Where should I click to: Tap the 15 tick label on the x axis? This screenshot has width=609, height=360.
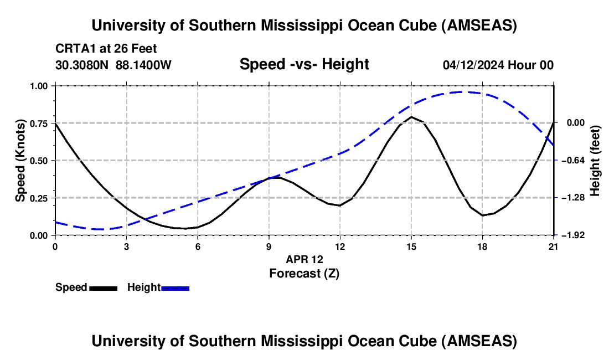click(x=411, y=246)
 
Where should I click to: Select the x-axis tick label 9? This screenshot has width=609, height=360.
click(x=269, y=246)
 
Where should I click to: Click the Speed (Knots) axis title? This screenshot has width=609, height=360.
click(x=20, y=161)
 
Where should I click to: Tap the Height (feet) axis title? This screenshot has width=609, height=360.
click(x=596, y=161)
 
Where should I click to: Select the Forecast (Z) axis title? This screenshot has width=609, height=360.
click(x=304, y=273)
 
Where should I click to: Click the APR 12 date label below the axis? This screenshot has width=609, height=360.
click(x=304, y=259)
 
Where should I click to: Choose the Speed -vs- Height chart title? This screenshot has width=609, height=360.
click(x=304, y=64)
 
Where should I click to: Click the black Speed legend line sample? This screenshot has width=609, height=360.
click(x=104, y=287)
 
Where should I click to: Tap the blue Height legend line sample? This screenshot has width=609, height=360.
click(x=175, y=287)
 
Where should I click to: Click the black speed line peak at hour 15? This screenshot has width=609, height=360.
click(x=411, y=117)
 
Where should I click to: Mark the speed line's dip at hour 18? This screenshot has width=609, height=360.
click(x=483, y=215)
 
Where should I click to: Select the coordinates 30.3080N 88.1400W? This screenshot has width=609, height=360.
click(x=113, y=65)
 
